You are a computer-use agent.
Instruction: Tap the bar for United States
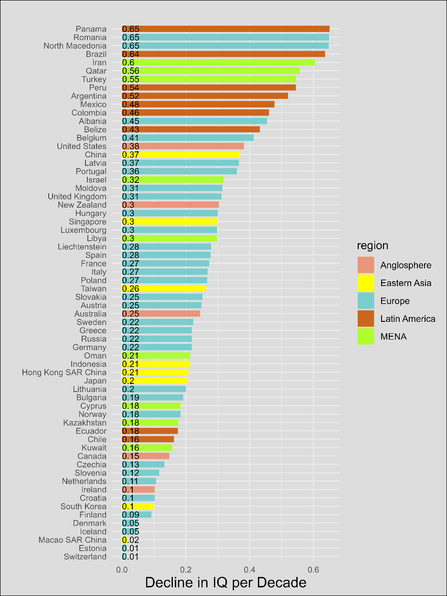click(183, 146)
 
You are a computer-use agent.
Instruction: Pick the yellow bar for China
click(181, 155)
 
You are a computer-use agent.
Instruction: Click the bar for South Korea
click(138, 506)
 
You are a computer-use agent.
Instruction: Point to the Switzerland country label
click(85, 557)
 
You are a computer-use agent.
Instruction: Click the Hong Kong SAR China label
click(64, 372)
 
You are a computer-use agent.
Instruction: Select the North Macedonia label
click(75, 46)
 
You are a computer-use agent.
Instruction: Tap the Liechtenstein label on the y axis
click(82, 247)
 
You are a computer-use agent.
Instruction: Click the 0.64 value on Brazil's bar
click(131, 54)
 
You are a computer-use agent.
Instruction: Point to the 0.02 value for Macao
click(131, 540)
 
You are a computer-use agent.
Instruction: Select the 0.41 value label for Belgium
click(131, 138)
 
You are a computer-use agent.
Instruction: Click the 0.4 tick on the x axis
click(249, 569)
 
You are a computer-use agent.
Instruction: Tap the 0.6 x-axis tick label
click(313, 569)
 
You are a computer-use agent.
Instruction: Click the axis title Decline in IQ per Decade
click(225, 583)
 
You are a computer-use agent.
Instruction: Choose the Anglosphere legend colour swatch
click(366, 265)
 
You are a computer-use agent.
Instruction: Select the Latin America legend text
click(407, 319)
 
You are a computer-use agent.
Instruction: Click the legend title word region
click(372, 246)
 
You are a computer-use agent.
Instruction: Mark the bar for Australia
click(161, 314)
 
